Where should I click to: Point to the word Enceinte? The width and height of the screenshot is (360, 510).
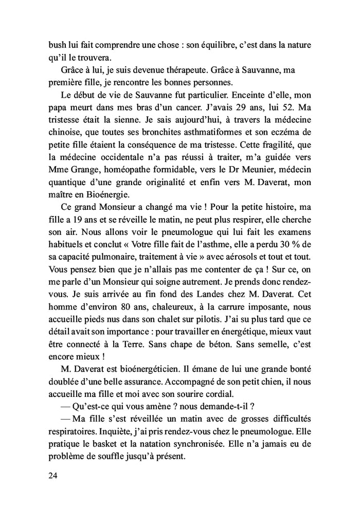(253, 95)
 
